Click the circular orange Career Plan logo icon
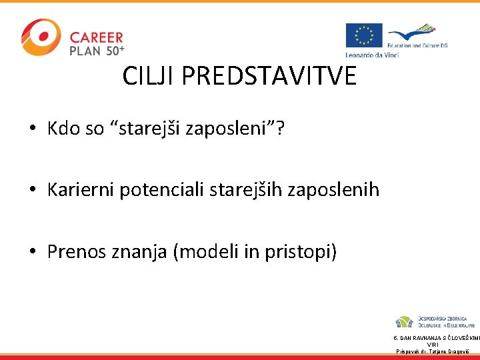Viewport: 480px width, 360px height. [41, 37]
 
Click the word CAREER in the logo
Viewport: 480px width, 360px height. [97, 37]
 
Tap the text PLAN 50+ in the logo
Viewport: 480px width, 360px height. [97, 50]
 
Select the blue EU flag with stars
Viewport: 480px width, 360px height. [363, 35]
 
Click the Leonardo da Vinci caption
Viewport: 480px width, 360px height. [372, 54]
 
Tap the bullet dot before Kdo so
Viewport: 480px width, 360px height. [33, 128]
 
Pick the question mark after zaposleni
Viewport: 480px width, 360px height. [280, 128]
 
